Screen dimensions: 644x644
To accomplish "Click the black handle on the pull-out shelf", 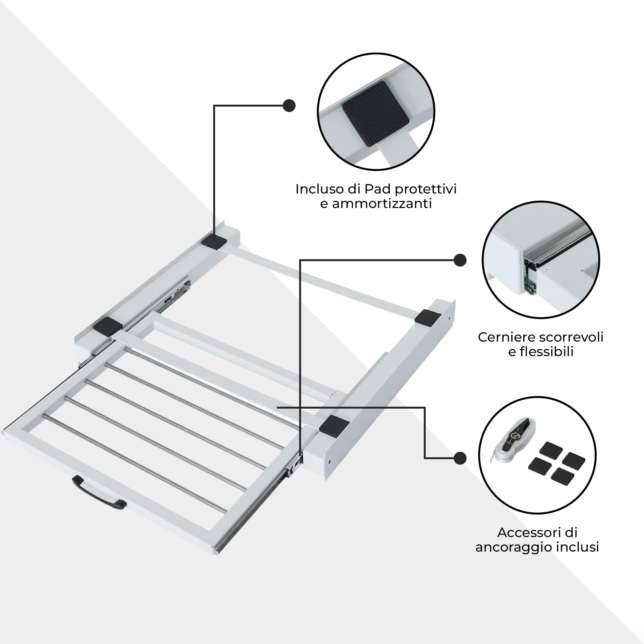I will (99, 494).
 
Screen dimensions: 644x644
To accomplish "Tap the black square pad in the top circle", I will (376, 113).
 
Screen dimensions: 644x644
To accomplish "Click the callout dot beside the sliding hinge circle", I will (460, 260).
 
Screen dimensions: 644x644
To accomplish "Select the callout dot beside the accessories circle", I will (460, 458).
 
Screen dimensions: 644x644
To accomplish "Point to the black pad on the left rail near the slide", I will (107, 325).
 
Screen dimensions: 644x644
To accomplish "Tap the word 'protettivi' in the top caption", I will (425, 189).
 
